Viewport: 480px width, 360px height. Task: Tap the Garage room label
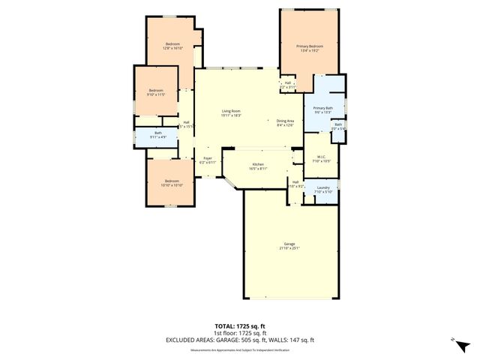tap(289, 243)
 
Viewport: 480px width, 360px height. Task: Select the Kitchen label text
tap(258, 163)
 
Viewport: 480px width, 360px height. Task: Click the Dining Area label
tap(285, 121)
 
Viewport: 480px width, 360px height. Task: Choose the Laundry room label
tap(323, 187)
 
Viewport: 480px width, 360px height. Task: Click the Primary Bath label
tap(323, 109)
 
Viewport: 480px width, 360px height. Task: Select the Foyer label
tap(208, 158)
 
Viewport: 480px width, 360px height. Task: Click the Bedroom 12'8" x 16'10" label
tap(172, 43)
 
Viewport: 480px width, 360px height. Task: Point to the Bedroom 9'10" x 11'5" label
tap(155, 91)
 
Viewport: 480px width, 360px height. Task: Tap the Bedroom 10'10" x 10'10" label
tap(172, 181)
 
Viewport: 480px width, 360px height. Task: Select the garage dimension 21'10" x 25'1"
tap(289, 247)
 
